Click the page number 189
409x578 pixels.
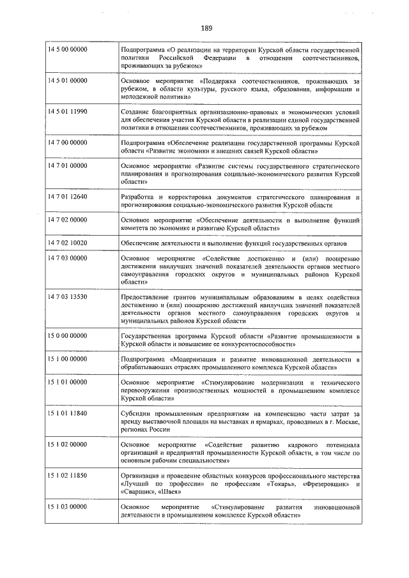[206, 28]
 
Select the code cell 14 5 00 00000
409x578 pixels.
[68, 49]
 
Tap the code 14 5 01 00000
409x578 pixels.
[68, 81]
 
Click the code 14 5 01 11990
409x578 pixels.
[68, 112]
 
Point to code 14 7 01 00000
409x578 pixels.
[68, 165]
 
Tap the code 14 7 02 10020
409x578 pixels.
[68, 243]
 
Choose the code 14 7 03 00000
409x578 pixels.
[68, 258]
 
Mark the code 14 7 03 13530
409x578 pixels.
[68, 297]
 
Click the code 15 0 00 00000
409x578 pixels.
[68, 335]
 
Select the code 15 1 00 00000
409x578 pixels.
[68, 359]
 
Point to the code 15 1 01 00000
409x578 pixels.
[68, 382]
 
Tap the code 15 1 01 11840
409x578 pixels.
[68, 413]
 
